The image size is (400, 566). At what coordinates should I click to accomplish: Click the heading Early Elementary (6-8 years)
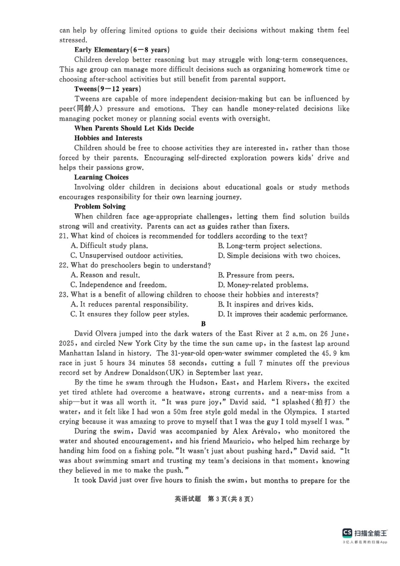(x=122, y=50)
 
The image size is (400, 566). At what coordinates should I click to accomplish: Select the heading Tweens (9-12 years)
(x=107, y=89)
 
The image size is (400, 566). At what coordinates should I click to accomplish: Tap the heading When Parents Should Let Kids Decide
(x=134, y=128)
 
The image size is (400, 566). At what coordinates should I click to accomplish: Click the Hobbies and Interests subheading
(x=108, y=138)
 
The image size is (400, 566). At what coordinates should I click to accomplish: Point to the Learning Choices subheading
(x=101, y=177)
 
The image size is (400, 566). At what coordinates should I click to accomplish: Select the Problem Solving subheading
(x=100, y=207)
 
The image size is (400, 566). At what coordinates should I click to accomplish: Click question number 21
(x=64, y=236)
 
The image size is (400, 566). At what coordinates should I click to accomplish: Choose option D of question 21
(x=279, y=255)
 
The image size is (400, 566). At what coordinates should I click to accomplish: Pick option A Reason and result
(x=105, y=275)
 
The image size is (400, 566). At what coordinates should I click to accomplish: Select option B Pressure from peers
(x=256, y=275)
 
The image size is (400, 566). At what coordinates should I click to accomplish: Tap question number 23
(x=64, y=295)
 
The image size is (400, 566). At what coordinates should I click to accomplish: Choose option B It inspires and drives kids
(x=265, y=304)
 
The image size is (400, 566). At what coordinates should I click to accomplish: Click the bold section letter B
(x=203, y=324)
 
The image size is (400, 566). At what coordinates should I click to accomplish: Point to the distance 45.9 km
(x=335, y=353)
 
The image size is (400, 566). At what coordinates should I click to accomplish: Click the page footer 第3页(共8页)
(x=231, y=499)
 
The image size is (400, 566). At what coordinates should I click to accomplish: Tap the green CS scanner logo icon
(x=347, y=533)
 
